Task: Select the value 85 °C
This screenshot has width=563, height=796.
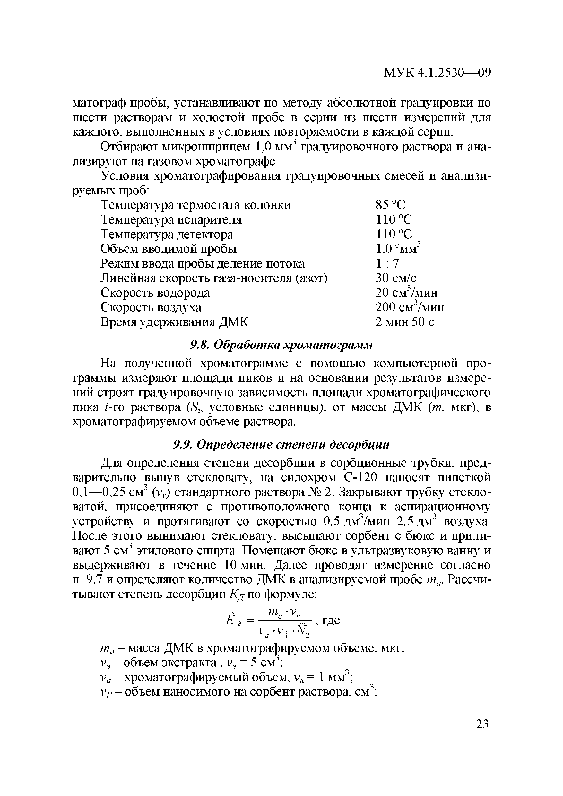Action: [390, 205]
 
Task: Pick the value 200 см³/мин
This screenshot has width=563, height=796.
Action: [410, 307]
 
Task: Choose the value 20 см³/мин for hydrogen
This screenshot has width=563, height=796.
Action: [406, 293]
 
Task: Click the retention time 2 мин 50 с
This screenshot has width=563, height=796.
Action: [405, 322]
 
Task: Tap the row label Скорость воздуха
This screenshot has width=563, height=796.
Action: [151, 307]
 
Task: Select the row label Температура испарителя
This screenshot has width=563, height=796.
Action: [171, 220]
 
